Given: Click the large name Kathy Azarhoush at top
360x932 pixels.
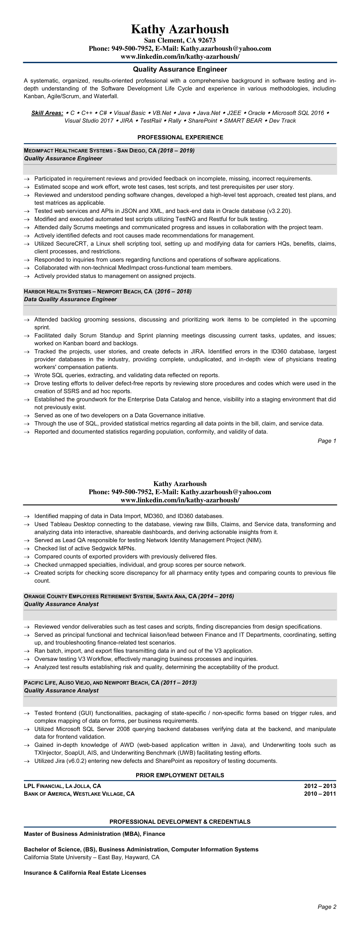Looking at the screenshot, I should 180,29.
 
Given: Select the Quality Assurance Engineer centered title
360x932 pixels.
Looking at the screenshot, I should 180,69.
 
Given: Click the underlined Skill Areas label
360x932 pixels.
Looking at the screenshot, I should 47,113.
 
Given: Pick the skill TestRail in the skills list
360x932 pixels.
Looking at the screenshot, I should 151,121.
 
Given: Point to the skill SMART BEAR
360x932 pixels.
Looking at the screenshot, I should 243,121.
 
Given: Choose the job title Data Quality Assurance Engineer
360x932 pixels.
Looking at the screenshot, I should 70,299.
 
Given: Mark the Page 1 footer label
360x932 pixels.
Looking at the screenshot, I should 327,441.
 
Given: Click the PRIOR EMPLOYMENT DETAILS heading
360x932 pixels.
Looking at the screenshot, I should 180,775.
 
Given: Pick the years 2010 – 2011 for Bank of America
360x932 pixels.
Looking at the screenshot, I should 320,794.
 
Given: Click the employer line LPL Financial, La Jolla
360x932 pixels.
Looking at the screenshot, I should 62,786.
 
